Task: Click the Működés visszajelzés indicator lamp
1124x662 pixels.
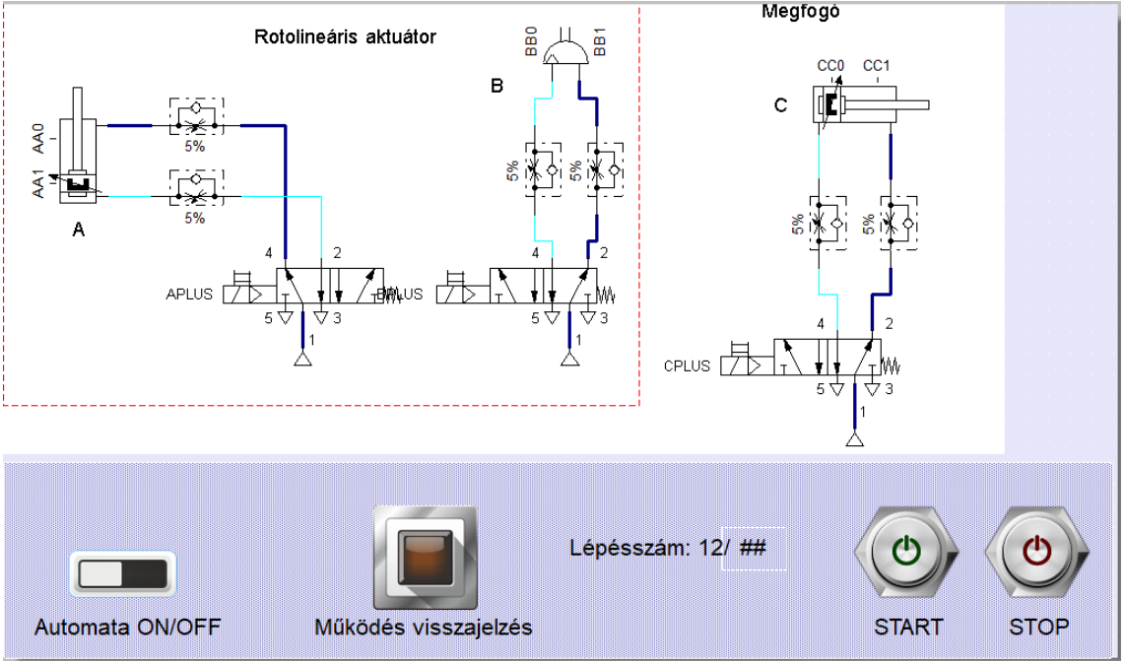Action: pos(425,558)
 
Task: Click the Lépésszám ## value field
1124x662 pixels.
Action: pos(754,548)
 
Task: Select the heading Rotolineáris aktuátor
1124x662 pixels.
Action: pos(345,37)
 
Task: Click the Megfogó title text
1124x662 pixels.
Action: pos(801,12)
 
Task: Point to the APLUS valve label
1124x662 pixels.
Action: pos(189,294)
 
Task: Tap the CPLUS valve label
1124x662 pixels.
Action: pos(687,365)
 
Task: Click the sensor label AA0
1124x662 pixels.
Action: pos(38,139)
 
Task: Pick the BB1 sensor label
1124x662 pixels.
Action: pos(600,43)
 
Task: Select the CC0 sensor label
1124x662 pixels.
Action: pos(831,66)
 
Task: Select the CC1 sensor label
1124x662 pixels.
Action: pos(877,66)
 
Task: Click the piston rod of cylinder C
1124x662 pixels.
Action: pos(912,104)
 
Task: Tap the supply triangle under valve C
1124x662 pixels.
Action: pos(854,438)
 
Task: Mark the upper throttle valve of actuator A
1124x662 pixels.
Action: pos(196,117)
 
